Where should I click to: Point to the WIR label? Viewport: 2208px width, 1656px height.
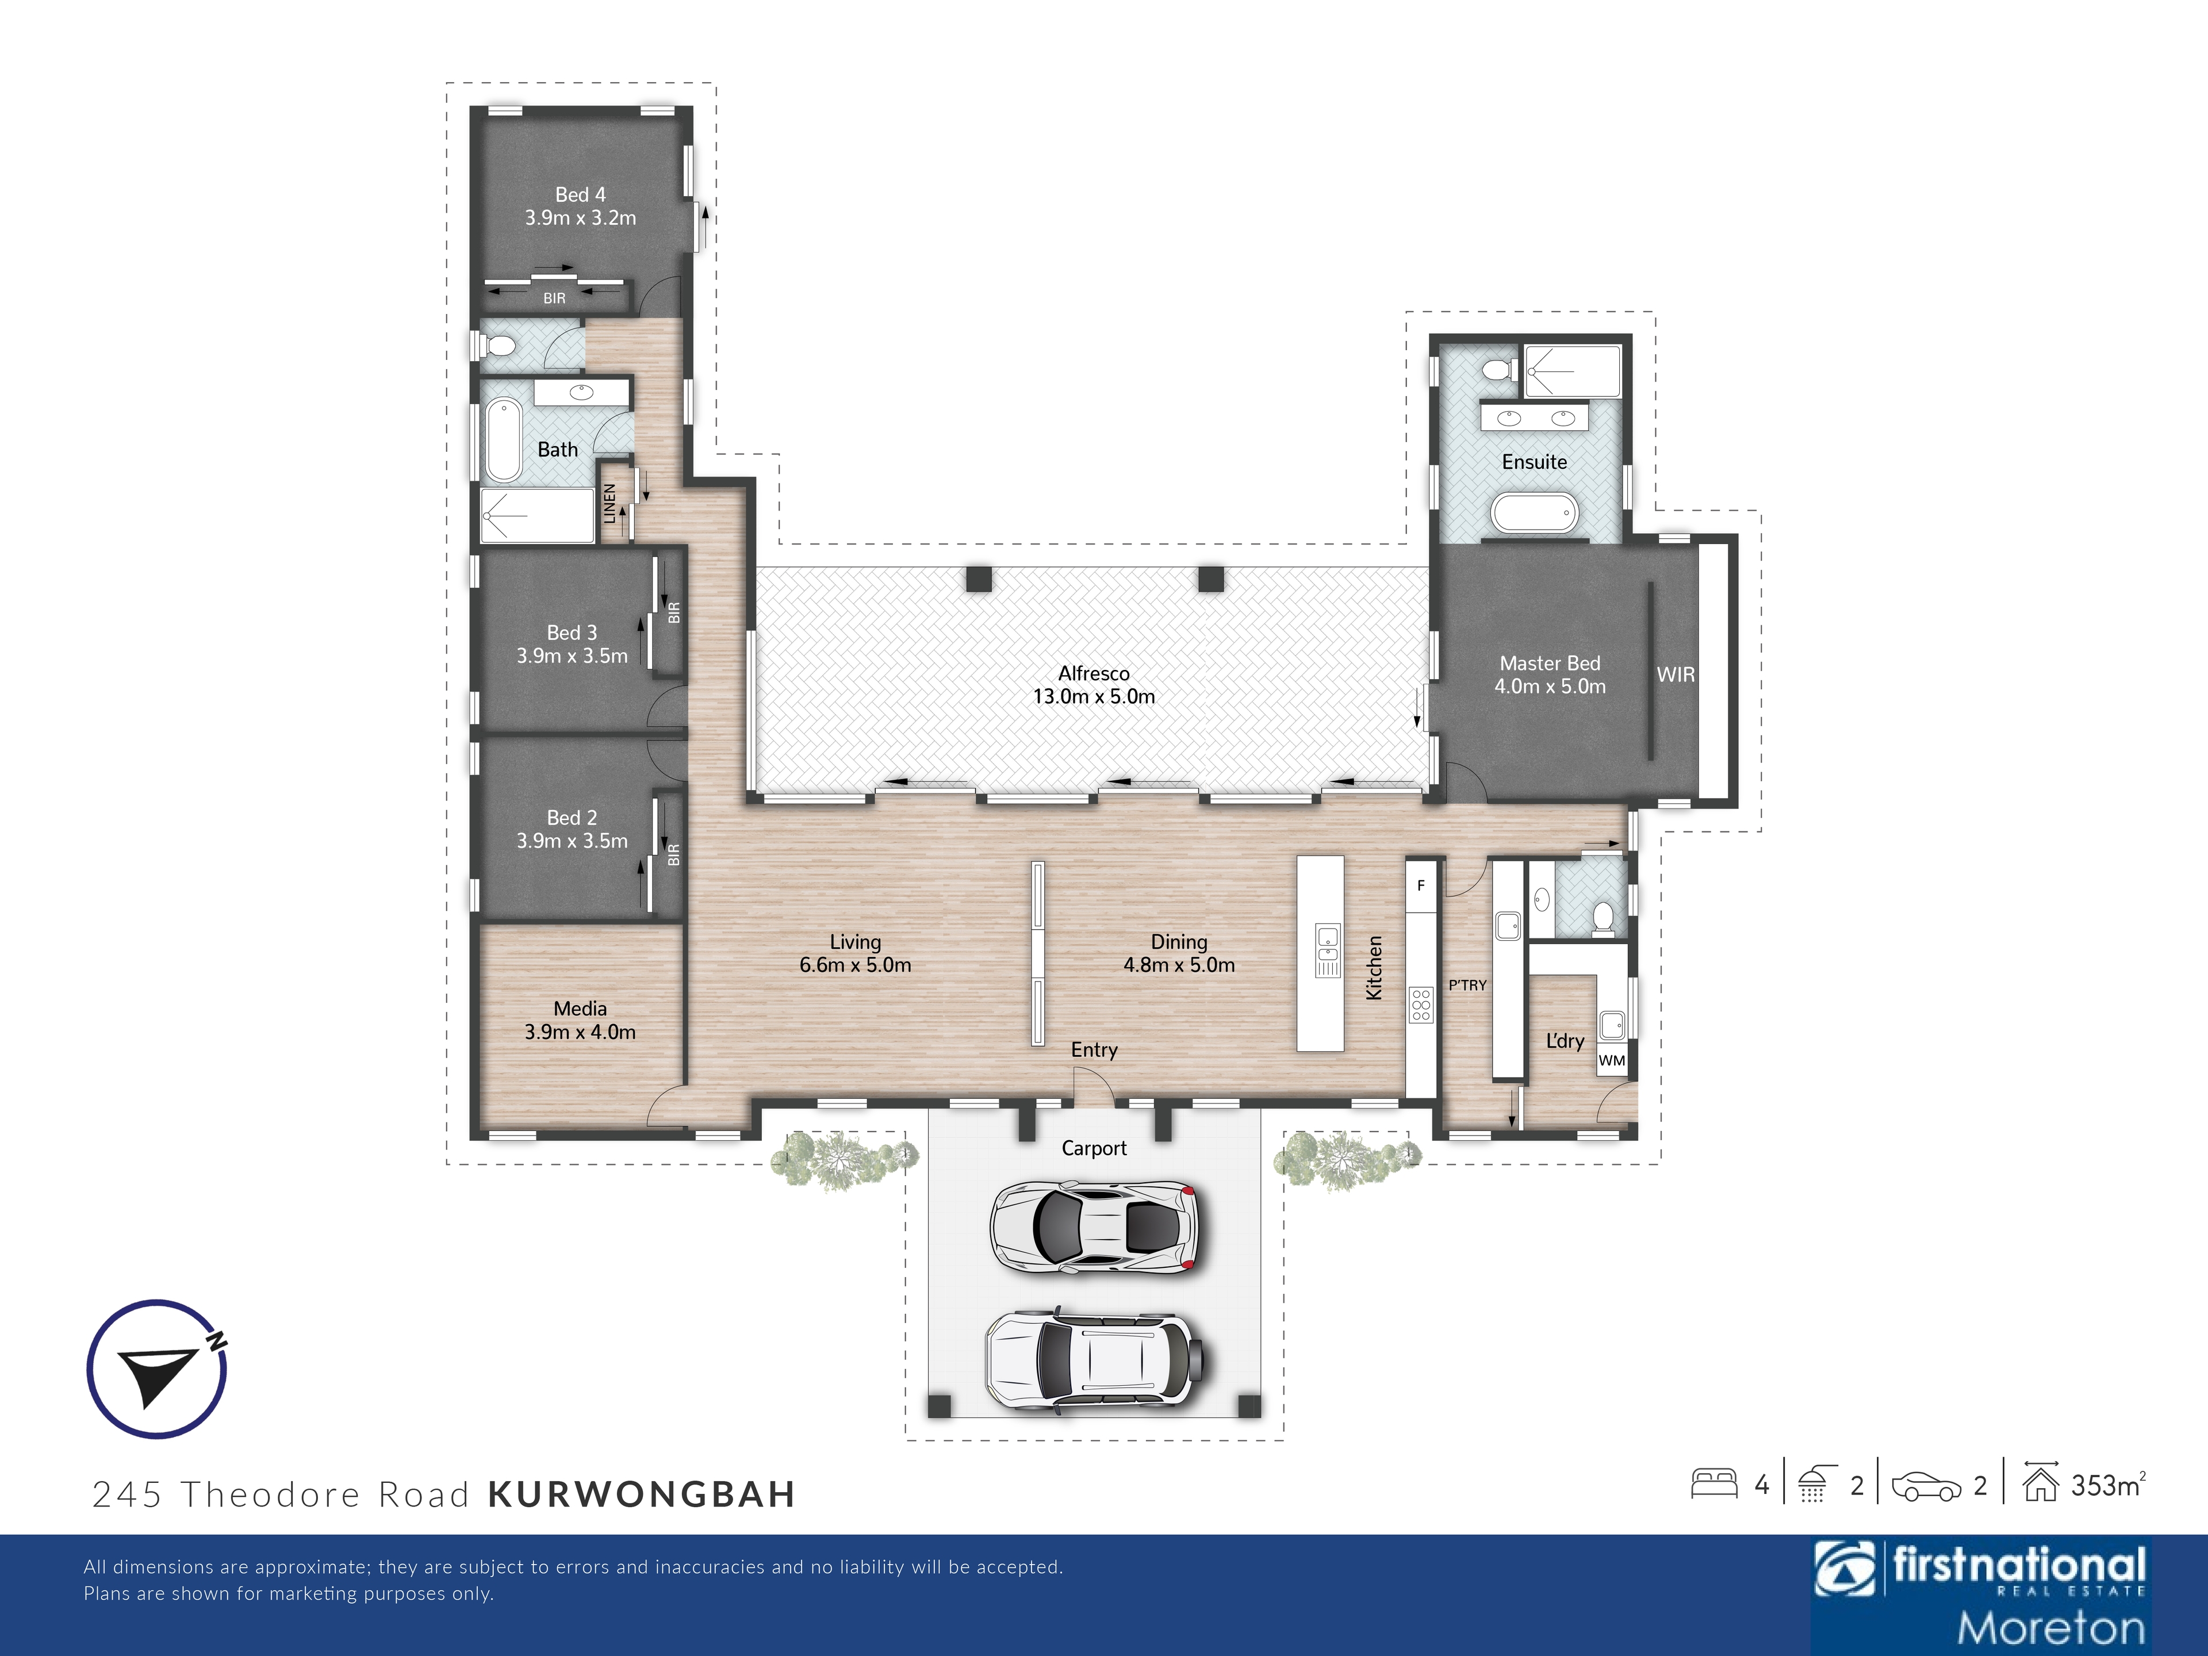click(1676, 675)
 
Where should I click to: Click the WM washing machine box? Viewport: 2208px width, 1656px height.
click(1612, 1060)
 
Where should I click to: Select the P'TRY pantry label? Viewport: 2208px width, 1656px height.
click(1467, 985)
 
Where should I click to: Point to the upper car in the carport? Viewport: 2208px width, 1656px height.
click(1094, 1227)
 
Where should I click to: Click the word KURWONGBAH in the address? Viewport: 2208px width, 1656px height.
click(642, 1494)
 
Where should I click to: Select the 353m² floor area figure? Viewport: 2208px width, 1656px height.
click(2108, 1485)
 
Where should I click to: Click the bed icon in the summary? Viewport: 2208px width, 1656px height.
click(1715, 1484)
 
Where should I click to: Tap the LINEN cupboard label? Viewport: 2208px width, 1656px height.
click(610, 504)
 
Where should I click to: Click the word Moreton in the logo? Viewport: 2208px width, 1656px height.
click(2050, 1628)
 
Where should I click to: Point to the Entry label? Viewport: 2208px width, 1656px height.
click(1094, 1050)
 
